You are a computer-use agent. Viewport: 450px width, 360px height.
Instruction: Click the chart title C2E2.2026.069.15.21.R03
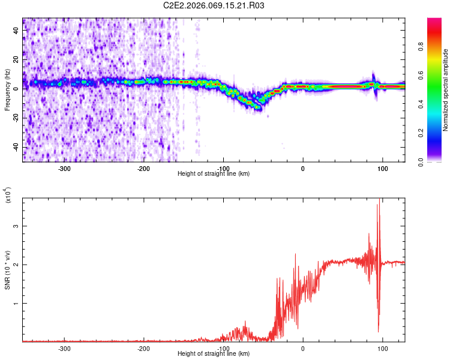pyautogui.click(x=214, y=5)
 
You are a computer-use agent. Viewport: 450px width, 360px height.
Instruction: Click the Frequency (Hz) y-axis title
pyautogui.click(x=7, y=90)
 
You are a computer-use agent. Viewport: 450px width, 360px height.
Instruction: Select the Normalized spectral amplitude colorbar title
pyautogui.click(x=446, y=90)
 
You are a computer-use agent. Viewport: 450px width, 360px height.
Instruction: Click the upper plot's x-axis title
pyautogui.click(x=214, y=173)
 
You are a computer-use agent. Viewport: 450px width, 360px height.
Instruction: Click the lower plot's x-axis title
pyautogui.click(x=214, y=353)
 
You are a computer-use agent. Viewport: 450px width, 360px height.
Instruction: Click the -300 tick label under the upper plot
pyautogui.click(x=64, y=168)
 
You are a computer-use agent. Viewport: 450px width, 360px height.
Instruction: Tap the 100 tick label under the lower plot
pyautogui.click(x=382, y=348)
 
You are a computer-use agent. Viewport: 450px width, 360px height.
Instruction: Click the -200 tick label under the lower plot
pyautogui.click(x=143, y=348)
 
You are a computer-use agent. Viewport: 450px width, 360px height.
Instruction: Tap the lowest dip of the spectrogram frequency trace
pyautogui.click(x=259, y=108)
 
